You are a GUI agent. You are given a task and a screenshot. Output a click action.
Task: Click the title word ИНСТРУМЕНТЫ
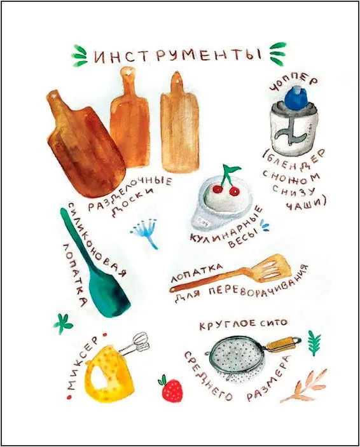coord(177,55)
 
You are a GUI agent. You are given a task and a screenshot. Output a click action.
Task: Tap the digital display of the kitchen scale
coord(204,221)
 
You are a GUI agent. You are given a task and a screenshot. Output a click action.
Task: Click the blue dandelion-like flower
coord(146,231)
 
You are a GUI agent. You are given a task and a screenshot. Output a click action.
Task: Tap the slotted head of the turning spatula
coord(274,268)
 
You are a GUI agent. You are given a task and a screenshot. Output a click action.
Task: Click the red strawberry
coord(172,390)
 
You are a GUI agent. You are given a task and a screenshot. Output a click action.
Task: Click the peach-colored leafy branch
coord(306,385)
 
